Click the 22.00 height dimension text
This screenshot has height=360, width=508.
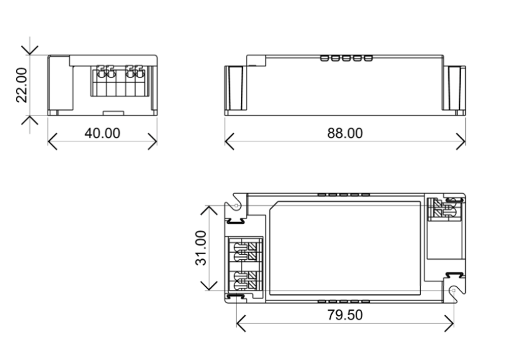(21, 85)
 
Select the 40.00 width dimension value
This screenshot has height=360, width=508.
(102, 133)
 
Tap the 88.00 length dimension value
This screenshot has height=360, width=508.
(345, 133)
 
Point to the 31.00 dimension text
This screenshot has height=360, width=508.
(202, 248)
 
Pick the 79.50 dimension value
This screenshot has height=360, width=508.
(345, 315)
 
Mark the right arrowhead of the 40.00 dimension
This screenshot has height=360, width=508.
(154, 141)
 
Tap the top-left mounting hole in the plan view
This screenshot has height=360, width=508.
(236, 205)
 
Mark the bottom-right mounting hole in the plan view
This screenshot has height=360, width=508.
(453, 290)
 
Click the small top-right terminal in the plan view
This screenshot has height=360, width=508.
(443, 209)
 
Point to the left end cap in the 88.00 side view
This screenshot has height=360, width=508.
(235, 87)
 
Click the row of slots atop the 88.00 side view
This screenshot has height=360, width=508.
(346, 58)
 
